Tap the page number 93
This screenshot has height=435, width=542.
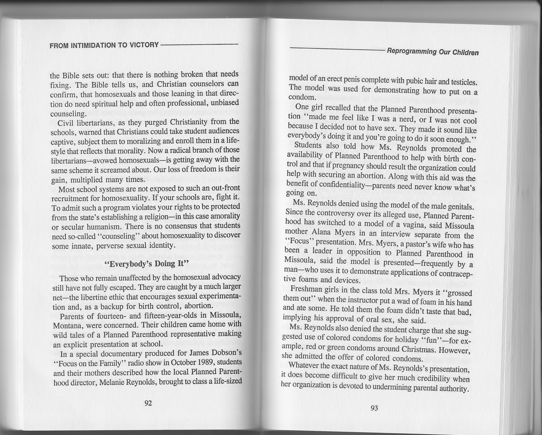coord(374,408)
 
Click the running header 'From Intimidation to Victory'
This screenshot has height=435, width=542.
coord(104,45)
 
